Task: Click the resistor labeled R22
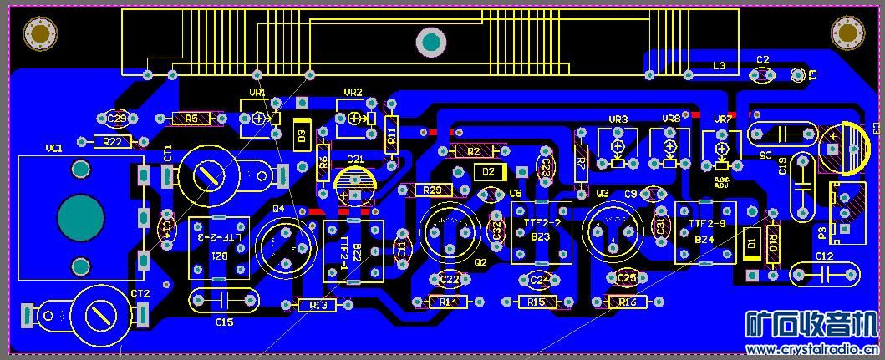[113, 142]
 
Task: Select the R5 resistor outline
[191, 119]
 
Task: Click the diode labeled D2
[489, 172]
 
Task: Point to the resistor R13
[318, 306]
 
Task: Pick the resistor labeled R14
[449, 302]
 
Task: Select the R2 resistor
[474, 151]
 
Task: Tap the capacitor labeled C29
[117, 119]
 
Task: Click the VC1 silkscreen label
[54, 149]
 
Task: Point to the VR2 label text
[353, 93]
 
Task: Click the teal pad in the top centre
[431, 41]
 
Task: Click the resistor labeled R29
[432, 190]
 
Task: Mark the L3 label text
[719, 65]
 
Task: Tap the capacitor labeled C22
[450, 279]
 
